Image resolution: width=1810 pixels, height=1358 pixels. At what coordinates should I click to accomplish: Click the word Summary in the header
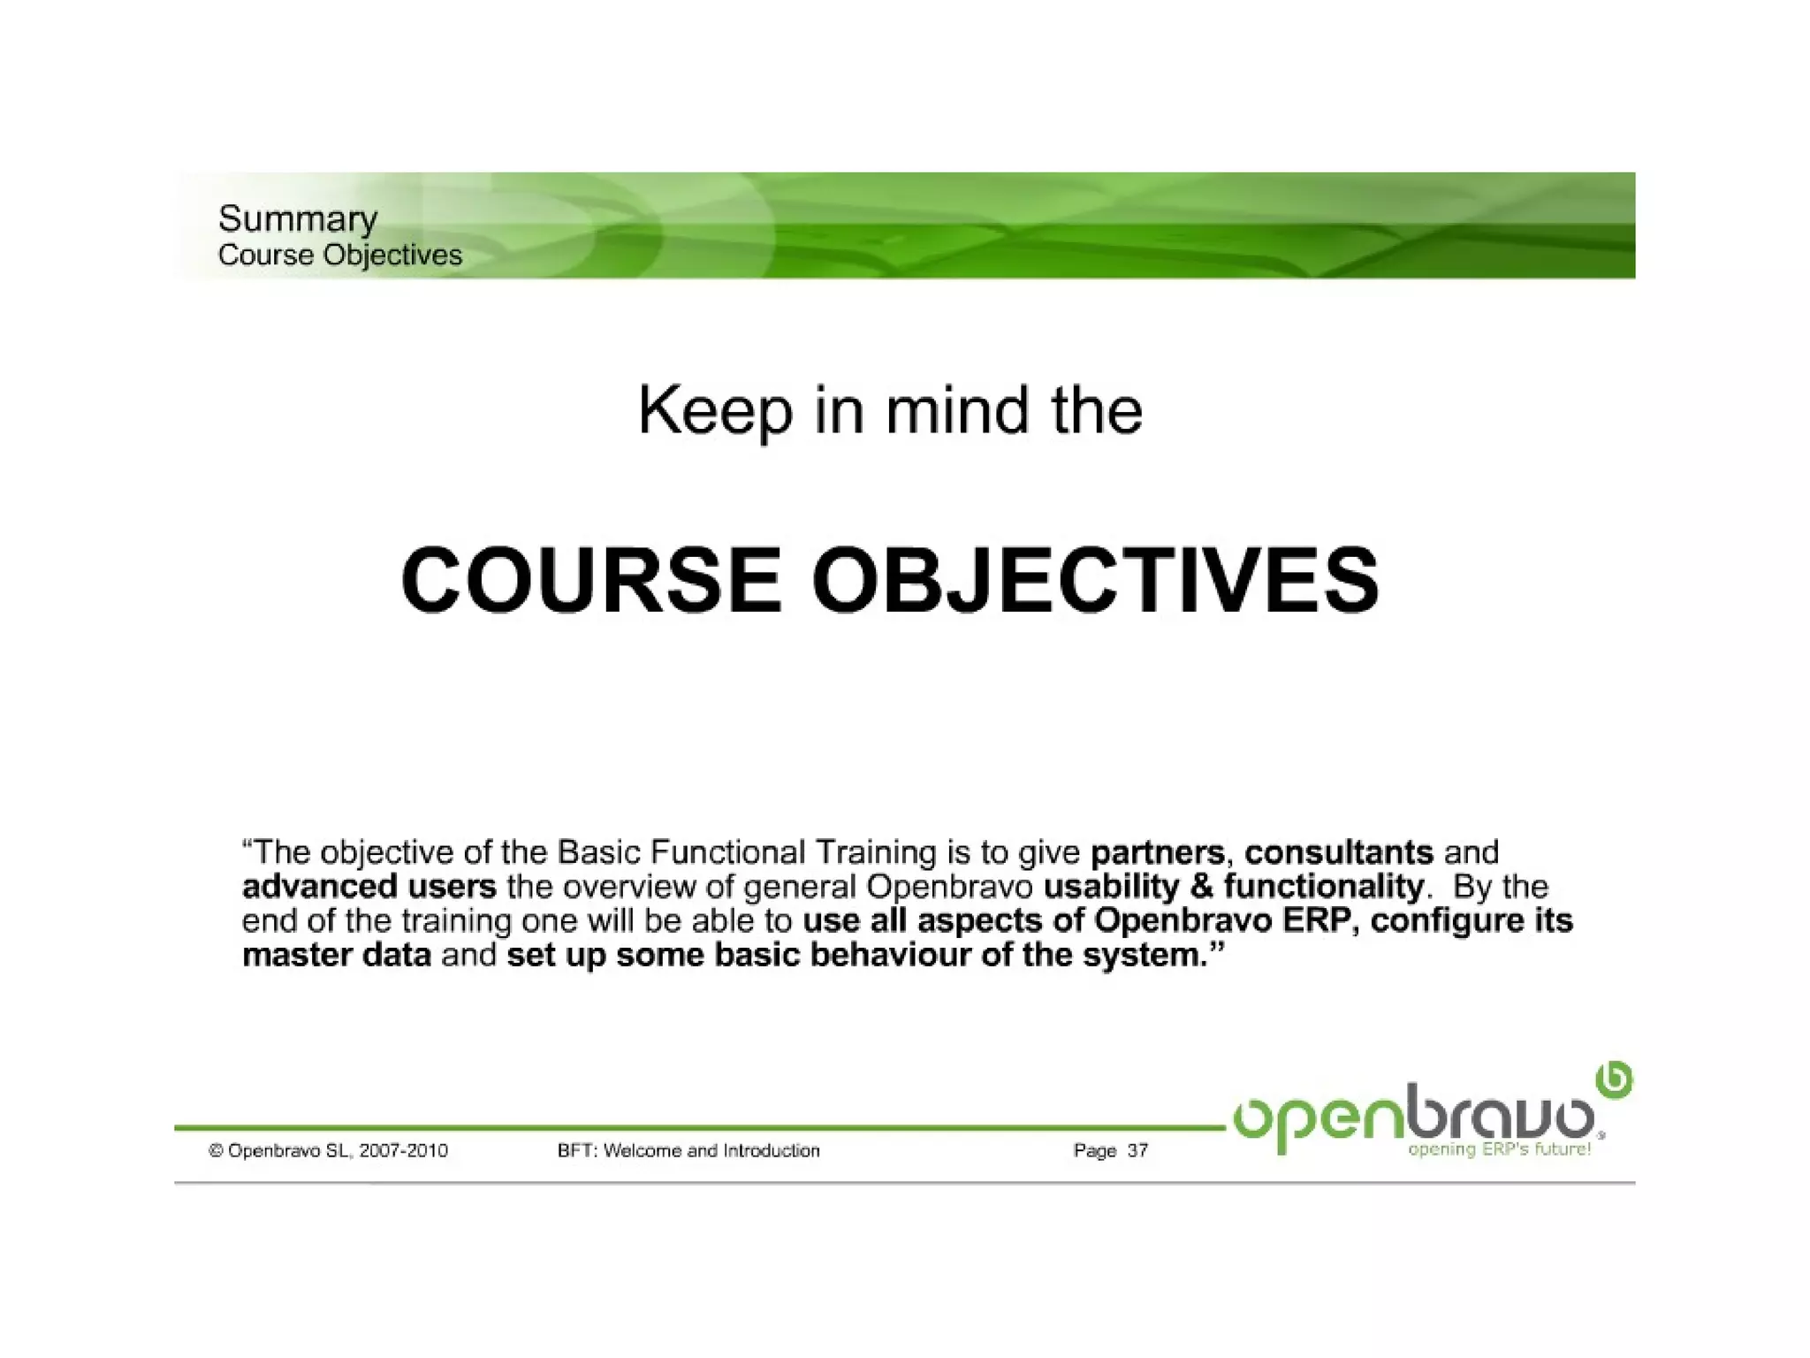[297, 218]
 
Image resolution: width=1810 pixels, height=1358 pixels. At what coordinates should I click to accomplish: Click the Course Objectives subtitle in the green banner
[339, 255]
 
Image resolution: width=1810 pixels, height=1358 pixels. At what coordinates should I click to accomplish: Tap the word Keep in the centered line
[715, 411]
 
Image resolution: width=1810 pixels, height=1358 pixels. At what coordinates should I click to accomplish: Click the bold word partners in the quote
[1158, 852]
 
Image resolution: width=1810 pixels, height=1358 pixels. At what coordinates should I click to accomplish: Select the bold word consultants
[1338, 852]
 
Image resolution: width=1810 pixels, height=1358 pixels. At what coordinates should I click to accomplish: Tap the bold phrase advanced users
[369, 886]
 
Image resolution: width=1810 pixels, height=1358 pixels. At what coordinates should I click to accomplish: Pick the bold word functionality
[1323, 886]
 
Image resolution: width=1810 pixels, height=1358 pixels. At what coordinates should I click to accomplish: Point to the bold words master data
[336, 955]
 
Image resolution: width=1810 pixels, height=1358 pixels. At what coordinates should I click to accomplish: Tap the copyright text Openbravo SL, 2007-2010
[329, 1150]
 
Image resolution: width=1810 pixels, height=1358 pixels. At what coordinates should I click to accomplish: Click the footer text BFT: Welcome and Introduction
[688, 1150]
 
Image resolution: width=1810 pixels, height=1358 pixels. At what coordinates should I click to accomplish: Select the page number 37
[1137, 1150]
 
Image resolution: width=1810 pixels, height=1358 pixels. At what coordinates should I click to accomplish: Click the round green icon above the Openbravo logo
[1614, 1080]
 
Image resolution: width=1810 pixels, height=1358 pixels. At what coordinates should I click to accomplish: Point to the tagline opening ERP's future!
[1499, 1149]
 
